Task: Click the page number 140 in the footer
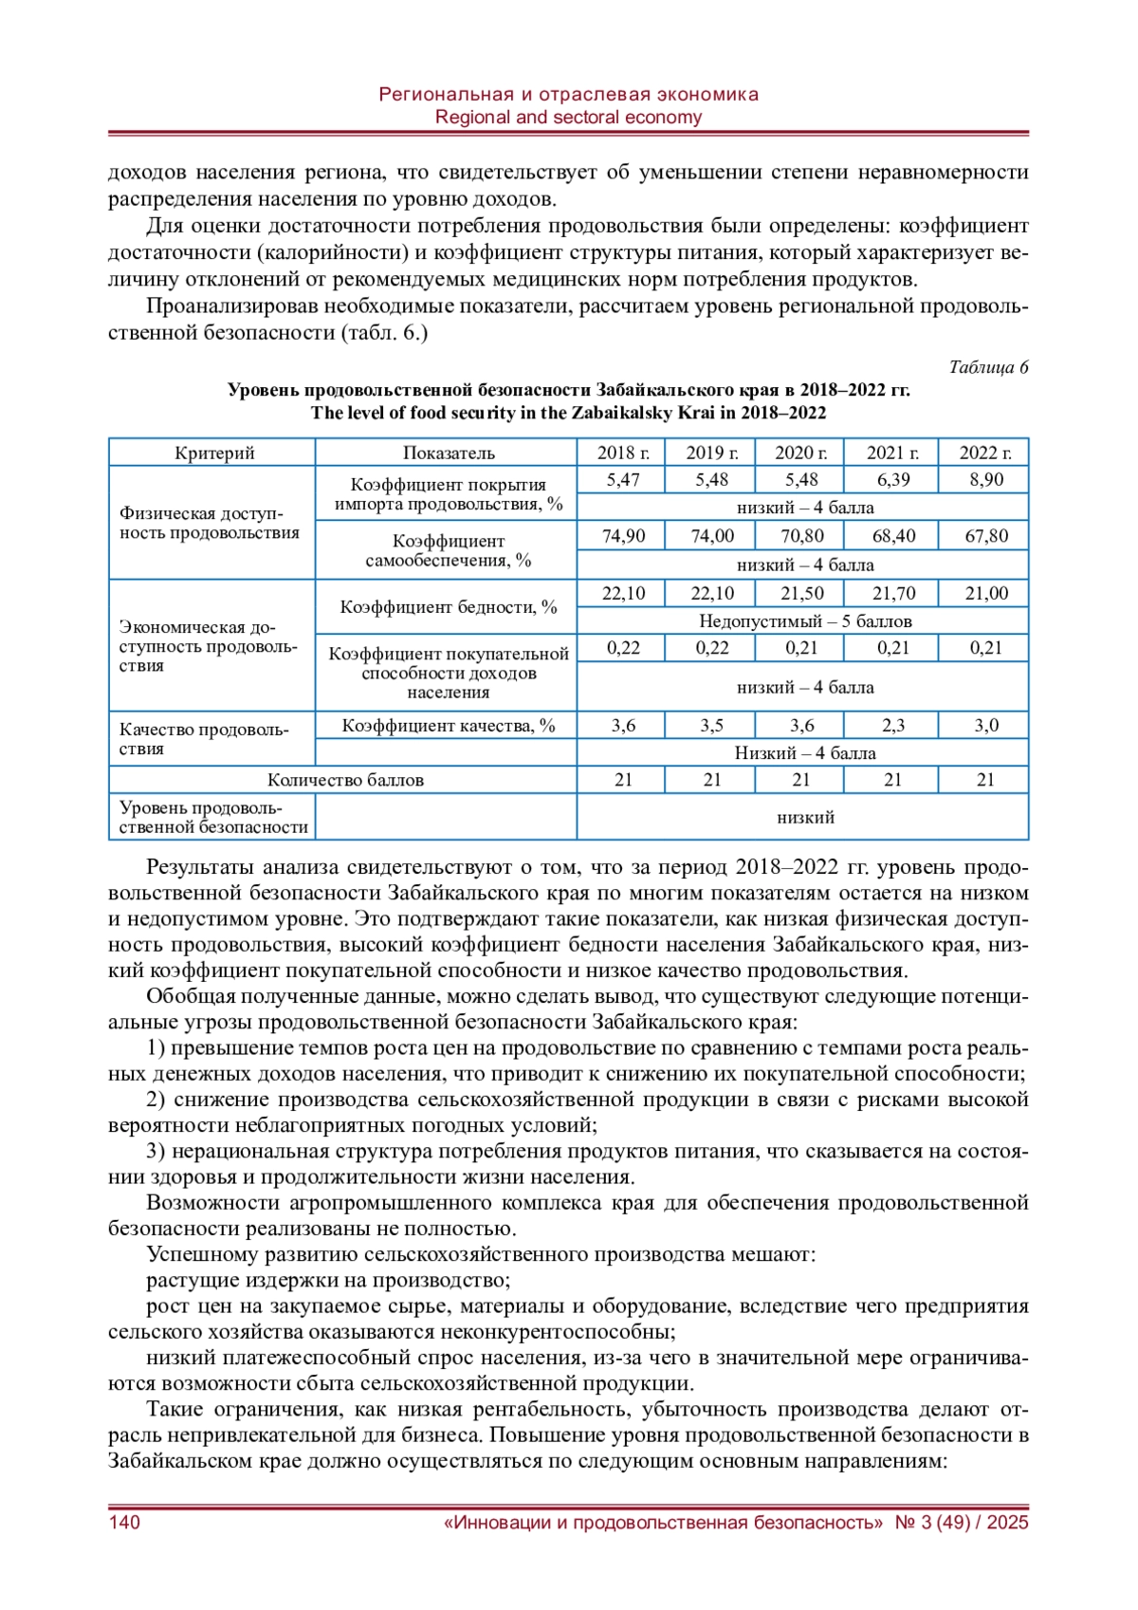(124, 1523)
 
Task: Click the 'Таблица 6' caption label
(988, 367)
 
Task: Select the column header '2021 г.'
(892, 453)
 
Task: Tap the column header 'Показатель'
(448, 453)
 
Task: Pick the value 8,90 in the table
(985, 480)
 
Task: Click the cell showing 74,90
(623, 536)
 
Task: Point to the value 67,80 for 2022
(985, 536)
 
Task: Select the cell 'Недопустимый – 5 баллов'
(804, 621)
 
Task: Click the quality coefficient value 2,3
(892, 726)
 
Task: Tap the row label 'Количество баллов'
(344, 780)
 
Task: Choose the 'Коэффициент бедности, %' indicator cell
(448, 607)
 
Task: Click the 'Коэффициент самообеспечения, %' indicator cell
(448, 551)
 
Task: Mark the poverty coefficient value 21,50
(801, 594)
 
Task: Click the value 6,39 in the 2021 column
(892, 480)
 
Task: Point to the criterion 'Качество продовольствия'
(203, 739)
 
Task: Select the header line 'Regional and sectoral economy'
(568, 118)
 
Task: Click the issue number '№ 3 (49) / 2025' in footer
(962, 1523)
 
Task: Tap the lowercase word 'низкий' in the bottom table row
(804, 817)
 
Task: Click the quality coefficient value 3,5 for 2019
(711, 726)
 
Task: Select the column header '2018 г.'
(623, 453)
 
